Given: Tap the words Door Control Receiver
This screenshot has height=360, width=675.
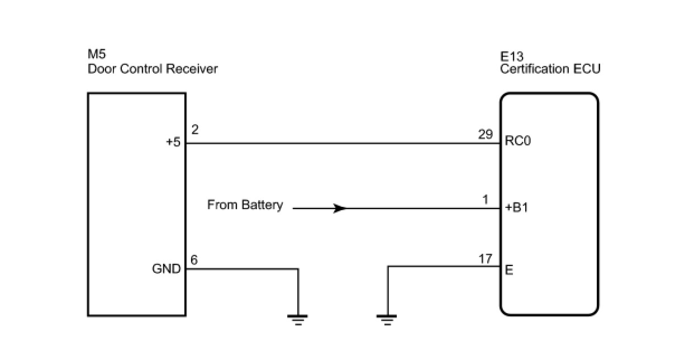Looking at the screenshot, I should click(x=152, y=69).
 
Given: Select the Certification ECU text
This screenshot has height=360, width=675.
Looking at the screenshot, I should click(x=550, y=69).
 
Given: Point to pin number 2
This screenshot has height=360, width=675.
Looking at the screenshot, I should click(x=194, y=130).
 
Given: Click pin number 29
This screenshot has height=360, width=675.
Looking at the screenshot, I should click(x=486, y=134).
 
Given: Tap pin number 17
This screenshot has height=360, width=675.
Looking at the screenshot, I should click(x=486, y=258).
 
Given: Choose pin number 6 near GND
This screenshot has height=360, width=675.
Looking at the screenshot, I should click(x=194, y=260).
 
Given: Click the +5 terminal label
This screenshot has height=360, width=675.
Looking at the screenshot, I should click(x=173, y=143).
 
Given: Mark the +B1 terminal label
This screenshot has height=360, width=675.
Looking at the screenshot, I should click(x=516, y=208).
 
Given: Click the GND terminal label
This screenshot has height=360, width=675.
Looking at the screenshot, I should click(x=167, y=269).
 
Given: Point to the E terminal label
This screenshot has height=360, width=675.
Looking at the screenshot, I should click(x=508, y=270).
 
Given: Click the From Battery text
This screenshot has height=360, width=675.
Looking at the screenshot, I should click(x=245, y=205).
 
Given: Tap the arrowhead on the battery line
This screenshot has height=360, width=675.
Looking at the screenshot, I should click(x=339, y=209).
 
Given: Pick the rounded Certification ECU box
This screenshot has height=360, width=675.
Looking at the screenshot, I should click(x=549, y=235).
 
